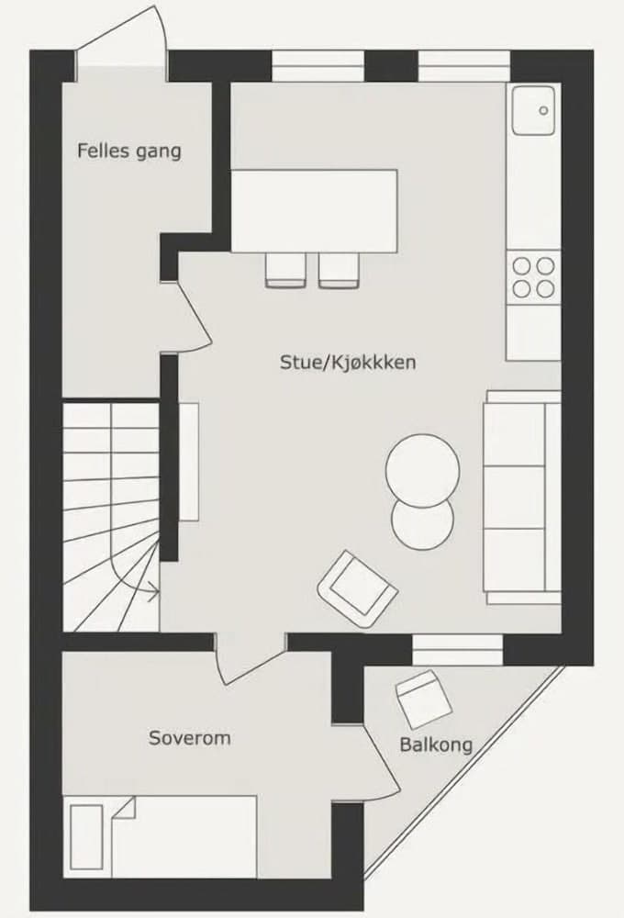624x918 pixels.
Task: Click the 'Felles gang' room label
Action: coord(129,150)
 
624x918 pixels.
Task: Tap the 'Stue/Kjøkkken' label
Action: coord(348,363)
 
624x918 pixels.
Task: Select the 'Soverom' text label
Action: coord(190,737)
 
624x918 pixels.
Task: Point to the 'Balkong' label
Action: coord(436,744)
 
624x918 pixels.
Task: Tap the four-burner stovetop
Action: coord(534,276)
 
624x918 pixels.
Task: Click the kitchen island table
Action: coord(314,210)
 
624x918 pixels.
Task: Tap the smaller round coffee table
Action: coord(422,520)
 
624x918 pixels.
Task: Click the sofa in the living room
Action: coord(521,497)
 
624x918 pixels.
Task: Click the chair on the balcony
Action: coord(423,698)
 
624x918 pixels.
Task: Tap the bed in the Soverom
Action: coord(162,836)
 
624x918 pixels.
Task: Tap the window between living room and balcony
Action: coord(457,649)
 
